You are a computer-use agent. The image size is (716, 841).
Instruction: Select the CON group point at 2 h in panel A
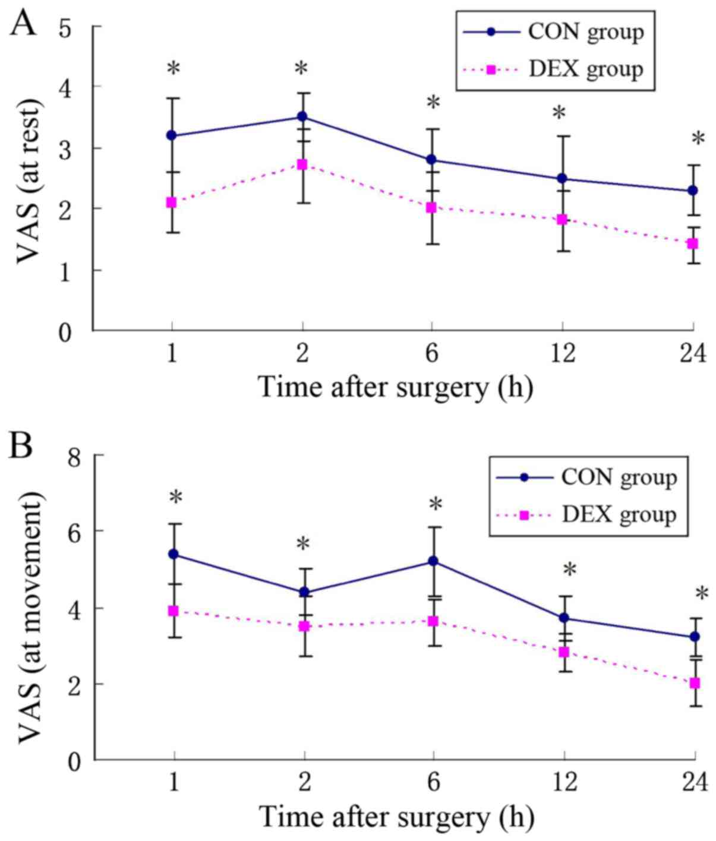coord(302,117)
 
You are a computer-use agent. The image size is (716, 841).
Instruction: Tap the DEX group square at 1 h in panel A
coord(172,203)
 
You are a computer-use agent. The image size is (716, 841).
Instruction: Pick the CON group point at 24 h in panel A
coord(693,191)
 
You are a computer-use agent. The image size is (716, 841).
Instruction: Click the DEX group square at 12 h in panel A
coord(562,220)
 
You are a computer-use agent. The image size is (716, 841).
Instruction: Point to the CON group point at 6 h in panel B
coord(433,561)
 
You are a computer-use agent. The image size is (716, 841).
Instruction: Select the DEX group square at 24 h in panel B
coord(695,683)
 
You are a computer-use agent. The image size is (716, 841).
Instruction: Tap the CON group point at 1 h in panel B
coord(174,554)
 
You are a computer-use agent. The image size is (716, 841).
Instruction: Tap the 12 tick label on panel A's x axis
coord(562,354)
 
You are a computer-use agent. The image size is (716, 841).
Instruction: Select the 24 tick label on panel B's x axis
coord(694,783)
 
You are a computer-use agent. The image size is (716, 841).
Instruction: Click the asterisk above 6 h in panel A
coord(433,103)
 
